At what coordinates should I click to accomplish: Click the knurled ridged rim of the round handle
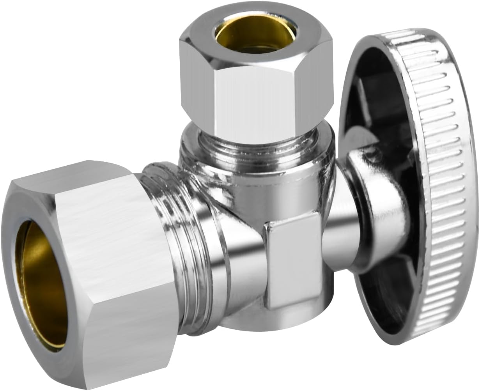pos(448,175)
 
